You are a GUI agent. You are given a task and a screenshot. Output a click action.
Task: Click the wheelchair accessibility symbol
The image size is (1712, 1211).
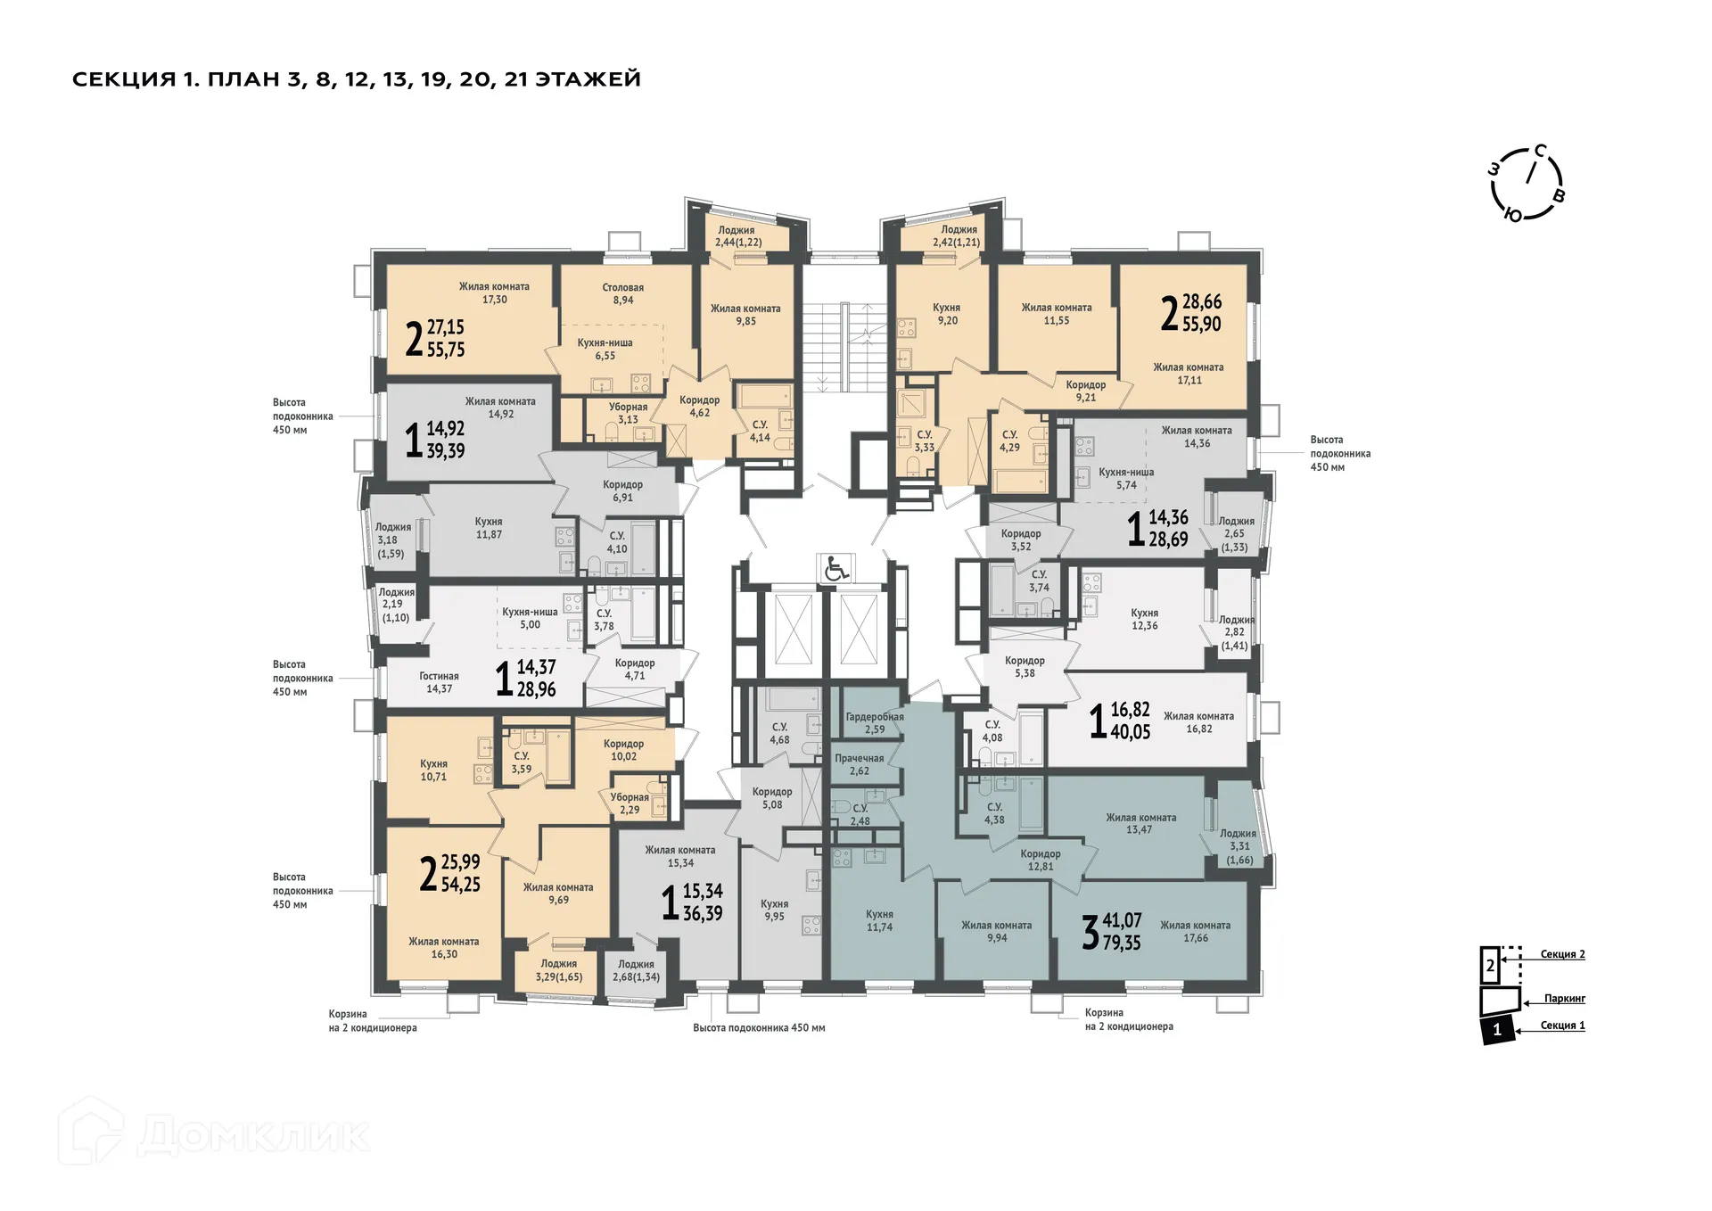click(835, 568)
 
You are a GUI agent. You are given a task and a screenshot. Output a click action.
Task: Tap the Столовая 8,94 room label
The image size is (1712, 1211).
click(622, 293)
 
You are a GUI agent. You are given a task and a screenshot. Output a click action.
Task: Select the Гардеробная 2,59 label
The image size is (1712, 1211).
click(874, 723)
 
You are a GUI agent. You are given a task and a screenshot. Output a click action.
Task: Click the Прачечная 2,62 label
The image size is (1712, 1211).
click(859, 764)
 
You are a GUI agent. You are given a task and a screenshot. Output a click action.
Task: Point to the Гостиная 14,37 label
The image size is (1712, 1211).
click(439, 682)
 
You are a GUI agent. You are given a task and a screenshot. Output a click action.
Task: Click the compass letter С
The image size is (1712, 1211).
click(1540, 151)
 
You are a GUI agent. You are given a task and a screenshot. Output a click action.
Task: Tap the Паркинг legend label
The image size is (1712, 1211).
click(1565, 999)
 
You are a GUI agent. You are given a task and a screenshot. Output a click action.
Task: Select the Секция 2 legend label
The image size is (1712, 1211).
click(1562, 954)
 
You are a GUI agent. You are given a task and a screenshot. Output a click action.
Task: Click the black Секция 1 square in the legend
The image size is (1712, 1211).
click(1497, 1029)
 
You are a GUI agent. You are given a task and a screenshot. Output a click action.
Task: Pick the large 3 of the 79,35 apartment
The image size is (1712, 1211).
click(1090, 933)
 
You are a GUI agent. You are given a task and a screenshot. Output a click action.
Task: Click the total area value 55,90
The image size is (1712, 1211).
click(1201, 325)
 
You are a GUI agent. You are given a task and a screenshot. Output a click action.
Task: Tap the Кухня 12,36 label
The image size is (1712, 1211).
click(1144, 619)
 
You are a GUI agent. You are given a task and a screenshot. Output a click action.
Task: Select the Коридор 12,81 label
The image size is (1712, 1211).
click(1040, 860)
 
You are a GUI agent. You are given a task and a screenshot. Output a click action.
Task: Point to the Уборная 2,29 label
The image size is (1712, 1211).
click(630, 803)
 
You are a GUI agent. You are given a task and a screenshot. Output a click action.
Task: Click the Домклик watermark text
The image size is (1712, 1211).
click(254, 1135)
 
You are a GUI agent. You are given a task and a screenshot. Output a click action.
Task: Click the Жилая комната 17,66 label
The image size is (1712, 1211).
click(1195, 932)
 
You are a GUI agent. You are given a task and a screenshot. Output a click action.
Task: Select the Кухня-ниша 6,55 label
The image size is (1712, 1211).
click(605, 349)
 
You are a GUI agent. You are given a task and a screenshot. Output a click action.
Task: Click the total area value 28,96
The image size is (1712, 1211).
click(536, 689)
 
